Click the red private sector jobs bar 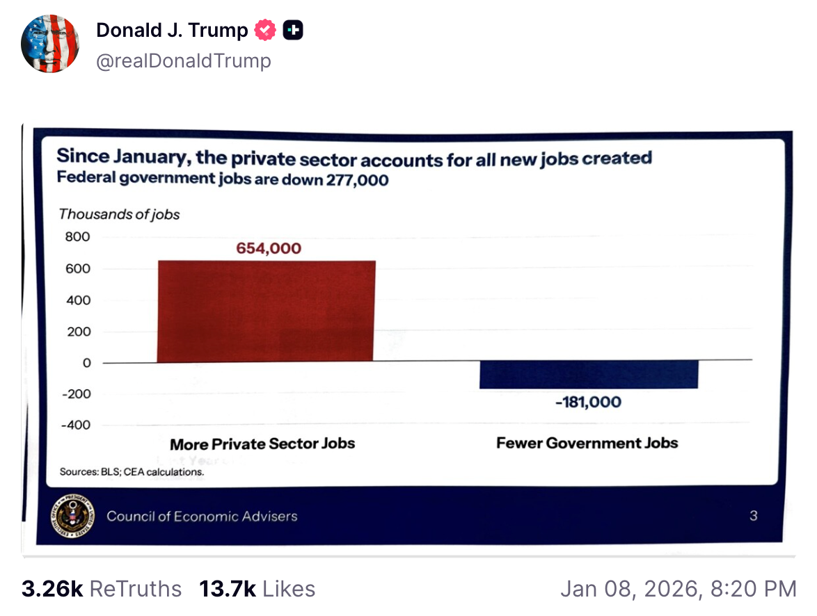[x=267, y=311]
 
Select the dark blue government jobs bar [x=589, y=375]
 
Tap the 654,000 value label [x=269, y=248]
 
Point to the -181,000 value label [x=588, y=402]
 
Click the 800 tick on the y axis [x=78, y=237]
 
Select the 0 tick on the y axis [x=87, y=363]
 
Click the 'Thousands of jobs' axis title [x=119, y=214]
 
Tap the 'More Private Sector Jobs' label [x=262, y=444]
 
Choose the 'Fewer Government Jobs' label [x=587, y=443]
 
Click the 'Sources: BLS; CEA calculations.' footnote [x=132, y=472]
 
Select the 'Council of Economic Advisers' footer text [x=202, y=516]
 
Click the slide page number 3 [x=754, y=516]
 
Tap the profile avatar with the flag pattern [x=50, y=44]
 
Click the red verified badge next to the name [x=265, y=31]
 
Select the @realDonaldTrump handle [x=184, y=61]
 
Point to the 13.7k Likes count [x=257, y=589]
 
